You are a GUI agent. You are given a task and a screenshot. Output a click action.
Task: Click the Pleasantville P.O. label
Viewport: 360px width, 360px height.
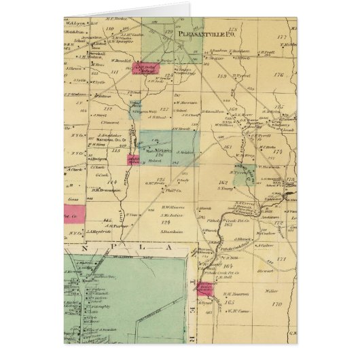200,32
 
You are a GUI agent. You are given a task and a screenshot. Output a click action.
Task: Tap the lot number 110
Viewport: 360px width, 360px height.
109,30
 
